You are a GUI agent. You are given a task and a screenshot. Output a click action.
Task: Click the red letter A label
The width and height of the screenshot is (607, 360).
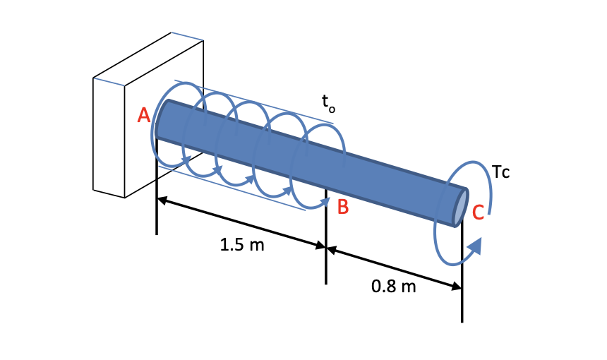click(144, 116)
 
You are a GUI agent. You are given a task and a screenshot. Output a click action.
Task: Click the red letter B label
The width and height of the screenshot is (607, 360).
click(342, 207)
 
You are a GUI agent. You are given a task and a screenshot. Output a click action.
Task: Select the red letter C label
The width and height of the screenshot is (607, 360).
click(478, 212)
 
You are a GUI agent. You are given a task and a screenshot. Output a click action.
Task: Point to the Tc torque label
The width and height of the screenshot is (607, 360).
click(501, 172)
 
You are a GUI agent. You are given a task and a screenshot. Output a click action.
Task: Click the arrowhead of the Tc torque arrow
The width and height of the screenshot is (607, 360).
click(476, 246)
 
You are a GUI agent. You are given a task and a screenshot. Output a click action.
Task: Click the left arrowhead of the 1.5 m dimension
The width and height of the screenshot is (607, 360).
click(162, 201)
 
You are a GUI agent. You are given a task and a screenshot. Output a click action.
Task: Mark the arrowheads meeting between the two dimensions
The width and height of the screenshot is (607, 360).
click(325, 246)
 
